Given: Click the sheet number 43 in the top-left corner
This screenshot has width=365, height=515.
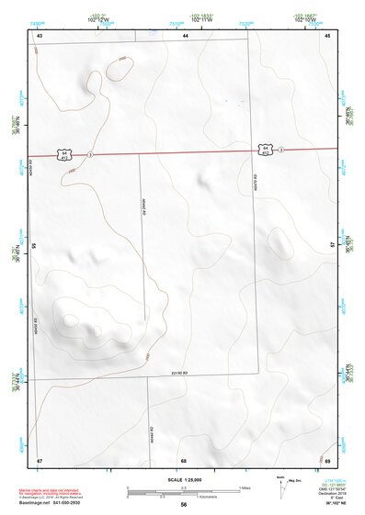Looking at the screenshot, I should coord(40,34).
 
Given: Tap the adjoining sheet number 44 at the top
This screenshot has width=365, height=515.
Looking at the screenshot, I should coord(185,34).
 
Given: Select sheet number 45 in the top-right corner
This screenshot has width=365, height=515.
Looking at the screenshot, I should coord(326,34).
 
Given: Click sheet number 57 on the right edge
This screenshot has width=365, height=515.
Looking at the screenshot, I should coord(333,246).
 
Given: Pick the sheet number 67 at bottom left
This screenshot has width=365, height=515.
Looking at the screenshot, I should coord(40,459).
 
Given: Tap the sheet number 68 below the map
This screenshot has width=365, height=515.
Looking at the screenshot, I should coord(184,459).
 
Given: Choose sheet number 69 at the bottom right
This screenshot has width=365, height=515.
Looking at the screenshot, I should coord(327,459).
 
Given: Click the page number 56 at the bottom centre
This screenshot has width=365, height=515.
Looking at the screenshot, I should coord(184,505).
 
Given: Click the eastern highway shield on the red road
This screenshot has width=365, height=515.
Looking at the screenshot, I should coord(265,148).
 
